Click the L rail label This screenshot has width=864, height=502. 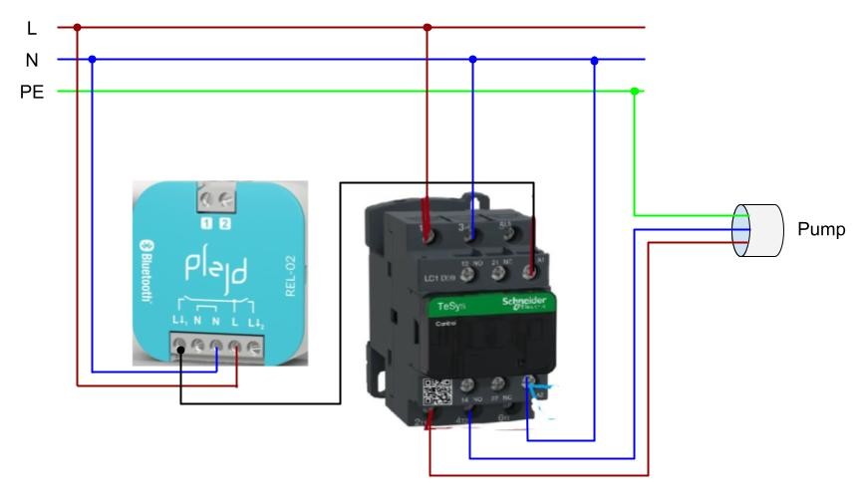click(32, 28)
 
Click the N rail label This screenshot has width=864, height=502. click(32, 60)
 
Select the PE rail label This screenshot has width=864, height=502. click(33, 92)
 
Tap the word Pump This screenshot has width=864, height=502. click(821, 230)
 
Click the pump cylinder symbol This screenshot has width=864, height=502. click(754, 231)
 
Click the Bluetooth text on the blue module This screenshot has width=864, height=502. click(145, 269)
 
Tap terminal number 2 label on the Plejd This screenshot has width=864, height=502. click(226, 222)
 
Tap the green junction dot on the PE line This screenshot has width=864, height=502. click(634, 92)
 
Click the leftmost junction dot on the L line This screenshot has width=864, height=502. click(77, 28)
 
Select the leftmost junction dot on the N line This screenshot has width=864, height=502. click(93, 59)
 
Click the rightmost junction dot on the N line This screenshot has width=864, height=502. click(594, 60)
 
